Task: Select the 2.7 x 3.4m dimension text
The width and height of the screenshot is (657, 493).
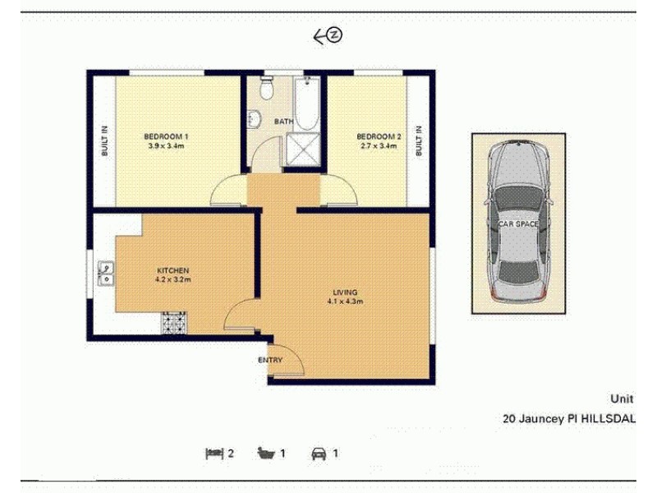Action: [379, 146]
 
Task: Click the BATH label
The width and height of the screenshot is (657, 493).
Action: [283, 122]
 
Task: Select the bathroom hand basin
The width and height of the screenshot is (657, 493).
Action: [253, 119]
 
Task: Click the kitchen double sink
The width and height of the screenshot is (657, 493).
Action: [105, 273]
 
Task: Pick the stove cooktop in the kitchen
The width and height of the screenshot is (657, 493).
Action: [175, 323]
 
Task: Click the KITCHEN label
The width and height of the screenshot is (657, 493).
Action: [173, 270]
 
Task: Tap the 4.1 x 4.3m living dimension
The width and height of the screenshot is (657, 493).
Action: [345, 302]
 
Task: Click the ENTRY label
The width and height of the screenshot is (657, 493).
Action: [270, 361]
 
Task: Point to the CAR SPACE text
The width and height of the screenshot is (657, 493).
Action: [518, 223]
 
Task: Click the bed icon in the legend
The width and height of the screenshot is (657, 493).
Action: [214, 453]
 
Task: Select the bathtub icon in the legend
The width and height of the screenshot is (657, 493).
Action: [265, 453]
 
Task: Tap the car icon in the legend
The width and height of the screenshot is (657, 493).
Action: [317, 453]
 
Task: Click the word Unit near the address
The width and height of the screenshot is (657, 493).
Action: [622, 399]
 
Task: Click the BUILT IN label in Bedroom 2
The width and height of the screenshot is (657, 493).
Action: [419, 141]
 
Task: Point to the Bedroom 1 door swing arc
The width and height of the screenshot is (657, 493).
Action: [227, 191]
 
